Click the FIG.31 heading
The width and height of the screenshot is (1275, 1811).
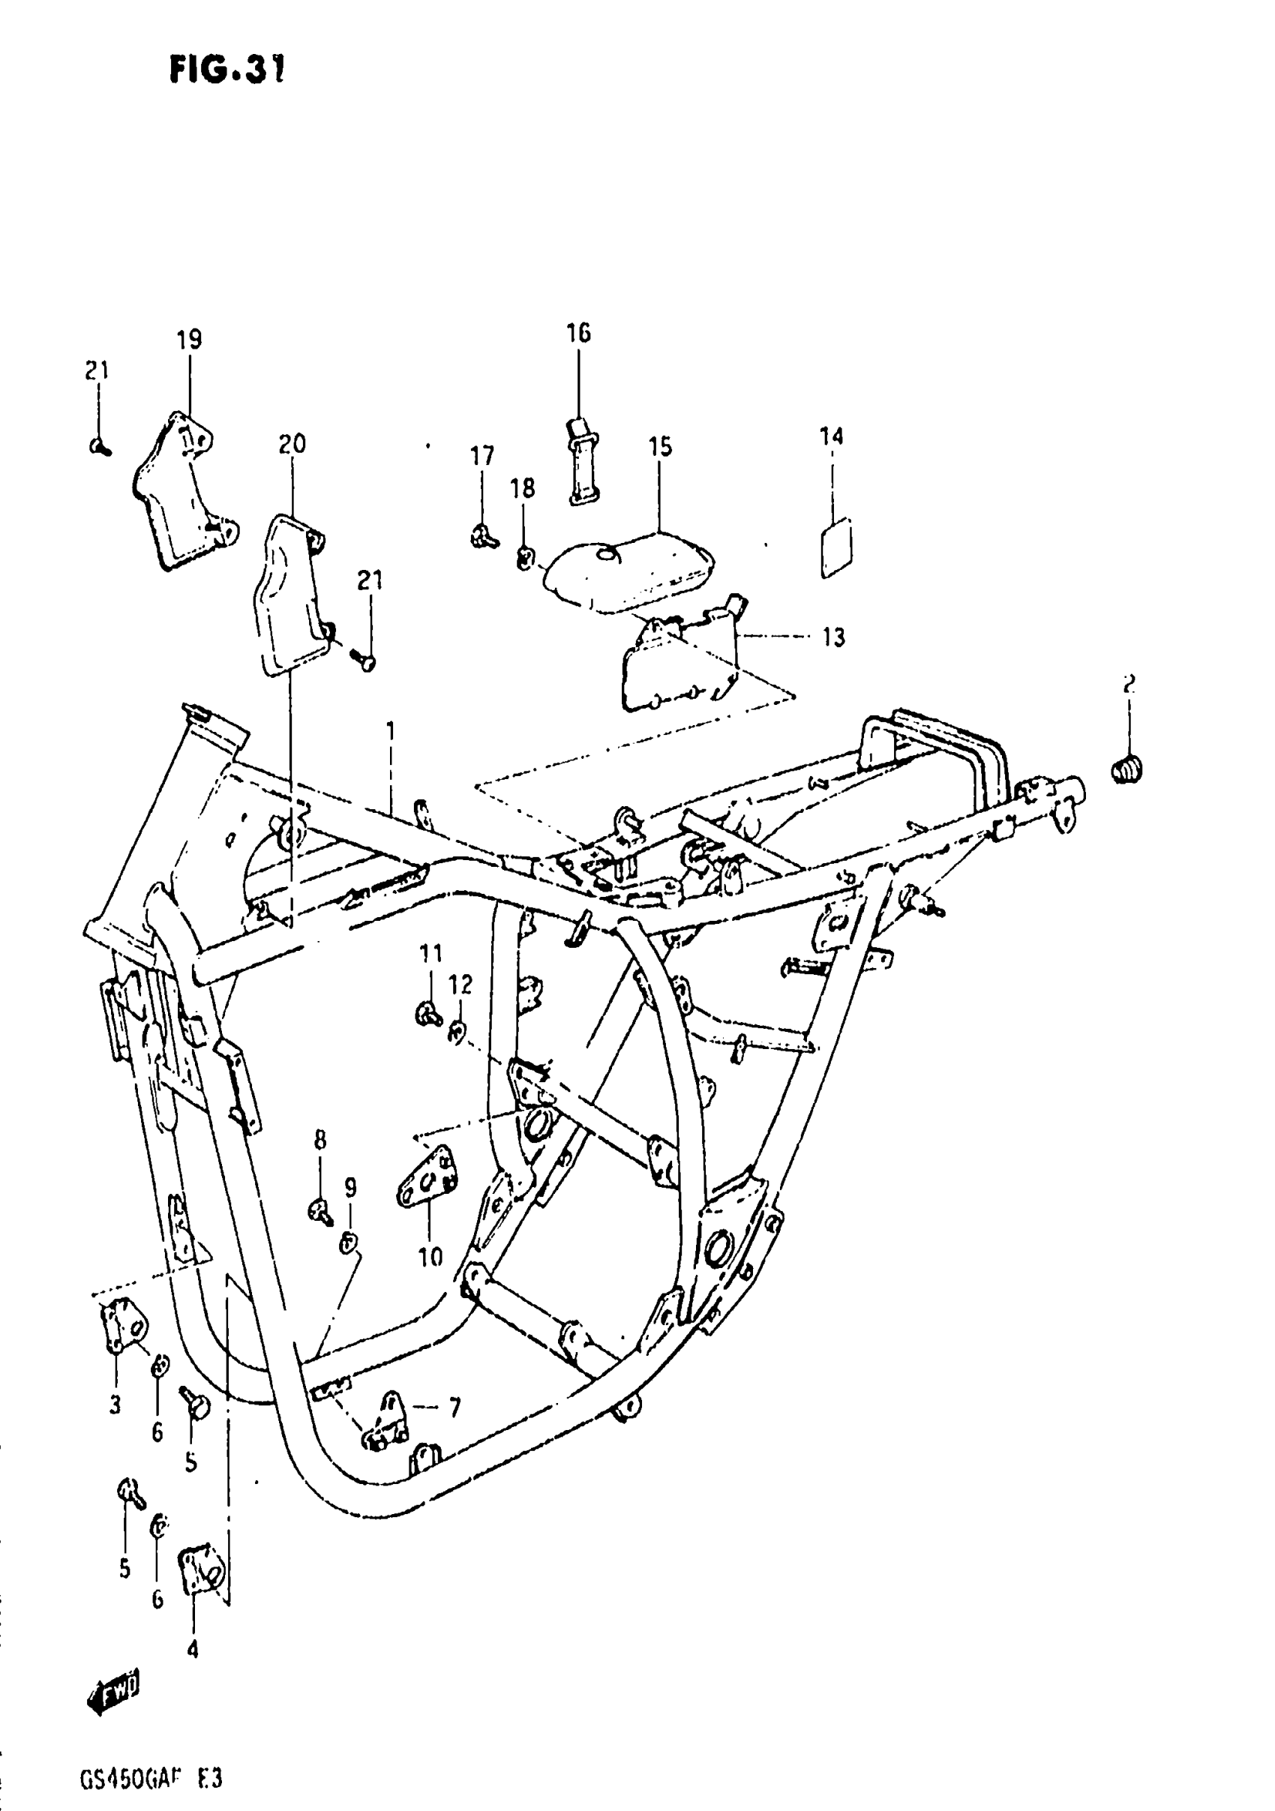coord(226,70)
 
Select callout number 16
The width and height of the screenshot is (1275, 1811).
coord(577,334)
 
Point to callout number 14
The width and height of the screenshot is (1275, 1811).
coord(831,436)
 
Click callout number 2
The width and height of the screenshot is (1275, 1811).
coord(1128,685)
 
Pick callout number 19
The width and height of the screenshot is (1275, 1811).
coord(188,340)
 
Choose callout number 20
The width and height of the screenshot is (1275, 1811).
coord(291,445)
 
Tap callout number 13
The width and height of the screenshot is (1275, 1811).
coord(832,637)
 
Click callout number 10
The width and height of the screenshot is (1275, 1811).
coord(430,1257)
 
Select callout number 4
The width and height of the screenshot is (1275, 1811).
coord(193,1648)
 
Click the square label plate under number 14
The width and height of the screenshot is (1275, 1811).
coord(835,547)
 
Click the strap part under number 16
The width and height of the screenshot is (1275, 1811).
coord(583,461)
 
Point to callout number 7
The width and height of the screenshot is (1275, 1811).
coord(454,1407)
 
